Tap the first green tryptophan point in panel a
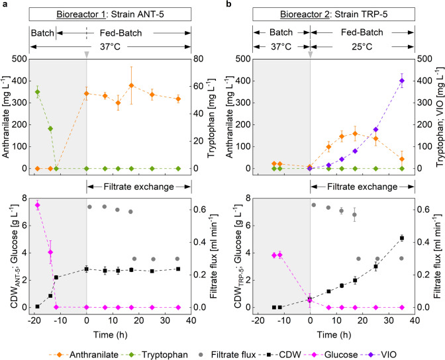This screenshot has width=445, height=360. tap(37, 92)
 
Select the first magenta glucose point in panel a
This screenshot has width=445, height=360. tap(37, 205)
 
